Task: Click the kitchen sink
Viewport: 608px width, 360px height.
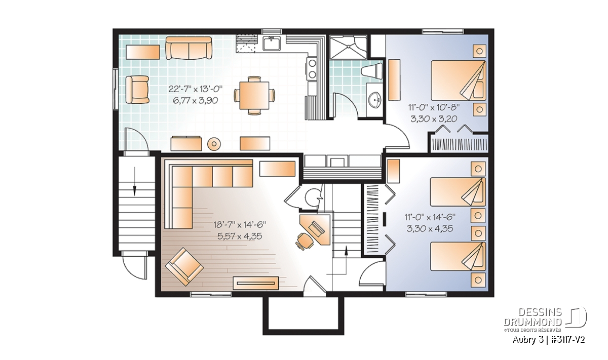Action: pyautogui.click(x=272, y=44)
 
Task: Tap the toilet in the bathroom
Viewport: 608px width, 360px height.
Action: pyautogui.click(x=372, y=71)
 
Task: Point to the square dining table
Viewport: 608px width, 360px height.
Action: pyautogui.click(x=254, y=95)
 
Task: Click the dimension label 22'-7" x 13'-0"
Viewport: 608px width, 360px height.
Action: pyautogui.click(x=196, y=89)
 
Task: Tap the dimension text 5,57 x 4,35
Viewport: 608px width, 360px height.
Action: pyautogui.click(x=240, y=236)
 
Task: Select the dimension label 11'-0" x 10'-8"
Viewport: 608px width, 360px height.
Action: pyautogui.click(x=434, y=107)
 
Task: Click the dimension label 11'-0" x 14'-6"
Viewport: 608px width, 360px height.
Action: pyautogui.click(x=430, y=217)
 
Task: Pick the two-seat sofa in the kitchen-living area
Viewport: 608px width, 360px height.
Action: pyautogui.click(x=188, y=48)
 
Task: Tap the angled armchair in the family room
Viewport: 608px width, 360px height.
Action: pyautogui.click(x=184, y=266)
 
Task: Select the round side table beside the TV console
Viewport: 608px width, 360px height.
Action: pyautogui.click(x=214, y=143)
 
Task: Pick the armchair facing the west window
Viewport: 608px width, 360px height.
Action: pyautogui.click(x=137, y=90)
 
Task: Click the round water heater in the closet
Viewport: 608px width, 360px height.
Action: pyautogui.click(x=312, y=198)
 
